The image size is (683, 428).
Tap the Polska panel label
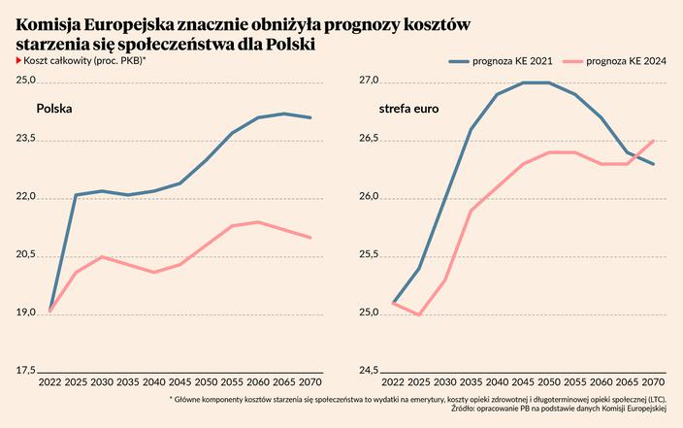(55, 109)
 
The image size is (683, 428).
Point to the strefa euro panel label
(408, 109)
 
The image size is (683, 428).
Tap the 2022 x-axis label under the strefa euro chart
(393, 382)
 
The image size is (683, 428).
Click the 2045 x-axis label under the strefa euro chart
(523, 382)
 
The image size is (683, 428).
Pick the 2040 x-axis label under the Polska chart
(154, 382)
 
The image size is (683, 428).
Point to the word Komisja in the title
(49, 23)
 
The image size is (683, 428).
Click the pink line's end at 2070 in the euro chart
(653, 141)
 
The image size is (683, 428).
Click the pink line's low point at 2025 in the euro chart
(419, 314)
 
